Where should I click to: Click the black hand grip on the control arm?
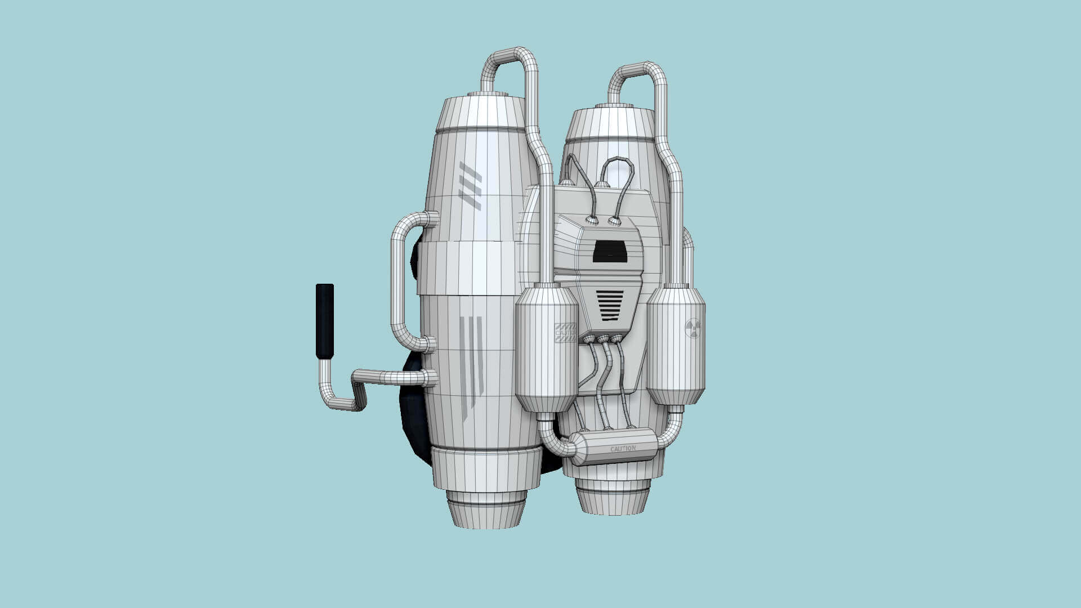[324, 321]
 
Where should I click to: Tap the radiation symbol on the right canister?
[693, 328]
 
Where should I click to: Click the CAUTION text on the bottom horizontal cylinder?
[623, 449]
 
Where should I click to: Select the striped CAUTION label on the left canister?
[565, 333]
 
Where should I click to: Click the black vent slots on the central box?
[610, 306]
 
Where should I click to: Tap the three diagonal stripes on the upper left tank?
[470, 185]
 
